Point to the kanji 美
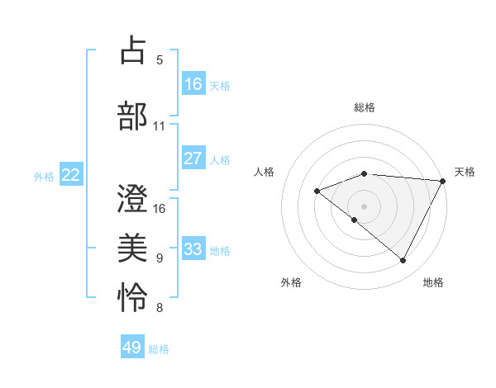tap(133, 248)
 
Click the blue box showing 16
tap(193, 84)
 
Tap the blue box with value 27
tap(193, 159)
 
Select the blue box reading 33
tap(193, 249)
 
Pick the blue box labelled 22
tap(71, 175)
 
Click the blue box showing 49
tap(132, 348)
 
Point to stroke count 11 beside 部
tap(159, 126)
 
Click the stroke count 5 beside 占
tap(160, 60)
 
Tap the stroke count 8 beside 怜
tap(160, 310)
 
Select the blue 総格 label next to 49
tap(159, 349)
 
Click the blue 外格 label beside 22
tap(44, 176)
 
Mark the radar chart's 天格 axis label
tap(465, 172)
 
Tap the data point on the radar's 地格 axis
tap(403, 260)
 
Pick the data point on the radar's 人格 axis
tap(317, 192)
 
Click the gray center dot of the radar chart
tap(364, 206)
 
